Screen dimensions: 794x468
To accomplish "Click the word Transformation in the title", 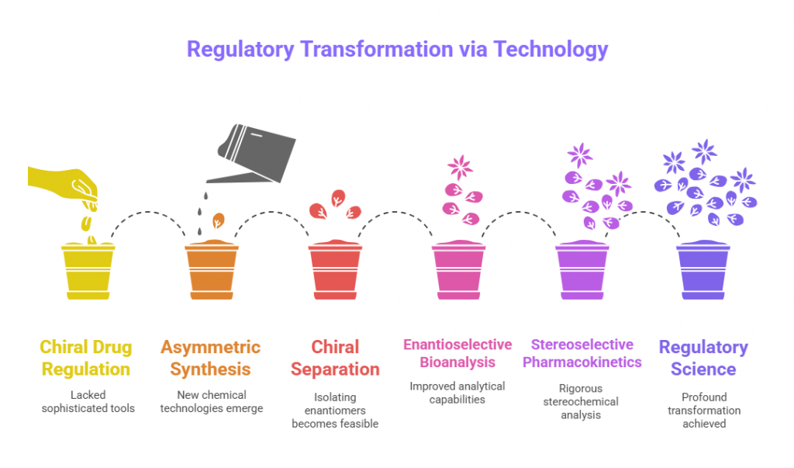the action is click(x=376, y=49).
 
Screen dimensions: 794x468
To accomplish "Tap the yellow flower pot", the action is click(x=88, y=272).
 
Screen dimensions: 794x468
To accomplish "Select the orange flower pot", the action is click(x=212, y=270).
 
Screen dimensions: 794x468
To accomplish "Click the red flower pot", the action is click(x=335, y=270).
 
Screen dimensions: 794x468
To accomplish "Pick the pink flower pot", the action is click(x=459, y=270).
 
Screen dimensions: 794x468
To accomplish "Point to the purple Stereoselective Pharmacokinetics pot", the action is click(x=582, y=270).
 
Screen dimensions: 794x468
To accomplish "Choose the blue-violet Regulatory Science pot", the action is click(x=703, y=270).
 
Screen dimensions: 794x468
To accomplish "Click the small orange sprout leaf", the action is click(x=218, y=220).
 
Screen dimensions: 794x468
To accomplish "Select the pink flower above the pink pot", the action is click(x=461, y=168).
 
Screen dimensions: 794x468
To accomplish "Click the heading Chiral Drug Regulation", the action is click(x=86, y=358).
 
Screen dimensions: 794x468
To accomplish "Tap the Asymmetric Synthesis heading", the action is click(x=211, y=358).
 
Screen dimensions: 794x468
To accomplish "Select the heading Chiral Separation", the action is click(x=335, y=358).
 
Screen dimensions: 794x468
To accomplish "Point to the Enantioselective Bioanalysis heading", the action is click(x=457, y=353).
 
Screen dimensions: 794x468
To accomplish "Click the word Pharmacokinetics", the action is click(x=582, y=362).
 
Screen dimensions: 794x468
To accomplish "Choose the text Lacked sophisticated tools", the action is click(x=88, y=401).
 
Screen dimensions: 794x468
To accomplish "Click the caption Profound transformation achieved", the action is click(x=704, y=411).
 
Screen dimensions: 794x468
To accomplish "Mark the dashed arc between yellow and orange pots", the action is click(x=148, y=212).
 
